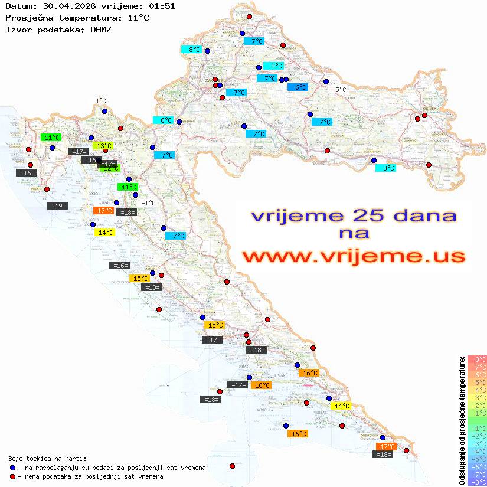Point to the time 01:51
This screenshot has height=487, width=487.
tap(162, 6)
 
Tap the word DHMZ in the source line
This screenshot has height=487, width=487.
tap(101, 29)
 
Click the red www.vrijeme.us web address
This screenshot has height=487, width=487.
tap(354, 256)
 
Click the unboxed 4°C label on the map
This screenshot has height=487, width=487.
tap(100, 101)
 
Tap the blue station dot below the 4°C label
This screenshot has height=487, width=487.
tap(104, 111)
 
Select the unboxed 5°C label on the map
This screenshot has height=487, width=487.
tap(341, 90)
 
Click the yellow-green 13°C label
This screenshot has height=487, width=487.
tap(104, 146)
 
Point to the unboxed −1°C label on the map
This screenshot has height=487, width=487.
tap(148, 203)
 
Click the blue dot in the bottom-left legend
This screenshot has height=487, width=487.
tap(12, 468)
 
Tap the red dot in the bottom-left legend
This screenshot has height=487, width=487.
tap(12, 476)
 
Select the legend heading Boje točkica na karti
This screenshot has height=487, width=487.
tap(47, 459)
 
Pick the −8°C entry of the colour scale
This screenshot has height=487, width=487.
tap(477, 482)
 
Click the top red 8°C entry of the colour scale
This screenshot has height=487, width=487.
tap(477, 359)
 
